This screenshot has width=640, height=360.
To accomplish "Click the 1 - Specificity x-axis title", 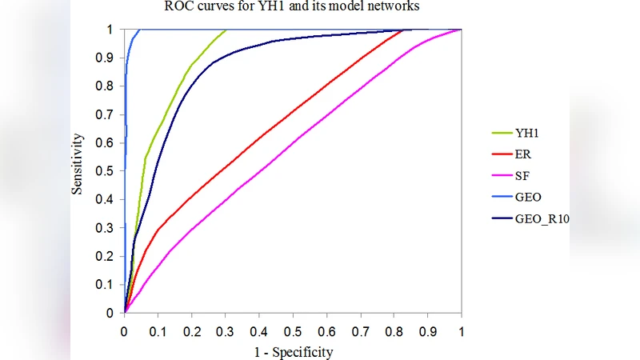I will (293, 351).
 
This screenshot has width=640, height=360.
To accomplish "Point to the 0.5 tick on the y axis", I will (107, 170).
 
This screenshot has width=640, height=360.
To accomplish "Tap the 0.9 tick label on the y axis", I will (107, 58).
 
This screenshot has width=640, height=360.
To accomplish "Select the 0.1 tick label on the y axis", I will (107, 284).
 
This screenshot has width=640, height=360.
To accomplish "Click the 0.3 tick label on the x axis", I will (225, 330).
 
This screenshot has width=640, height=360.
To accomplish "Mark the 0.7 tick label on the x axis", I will (360, 330).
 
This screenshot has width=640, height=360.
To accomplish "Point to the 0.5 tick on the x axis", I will (293, 330).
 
